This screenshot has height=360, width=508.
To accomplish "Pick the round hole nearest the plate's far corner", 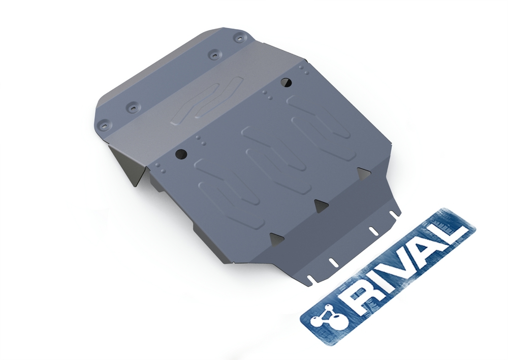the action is [x=285, y=82].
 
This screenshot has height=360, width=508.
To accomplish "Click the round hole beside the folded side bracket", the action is [x=181, y=155].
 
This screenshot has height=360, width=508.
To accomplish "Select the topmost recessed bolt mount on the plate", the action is [x=239, y=38].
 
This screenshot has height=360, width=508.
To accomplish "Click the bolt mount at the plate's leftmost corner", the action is [x=104, y=125].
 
